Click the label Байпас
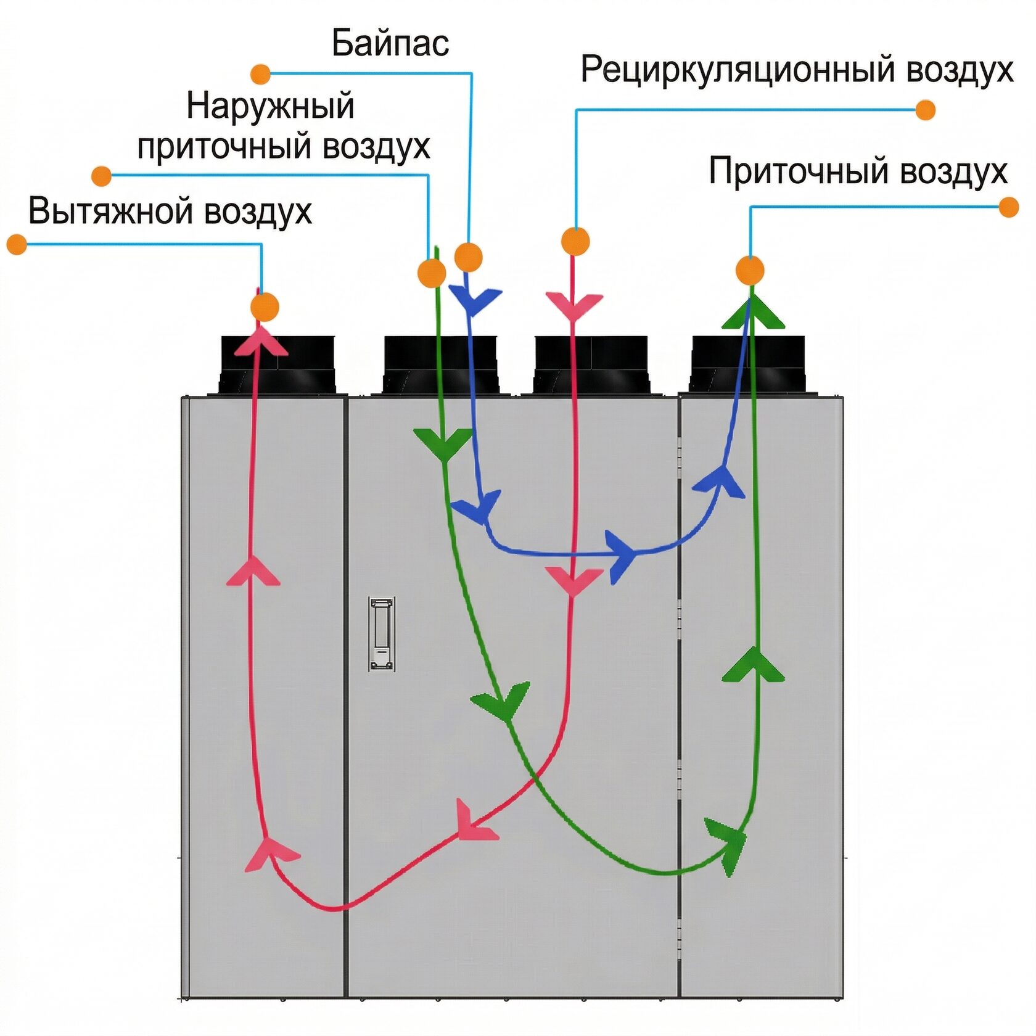click(390, 43)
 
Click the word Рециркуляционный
click(739, 70)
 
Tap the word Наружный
click(271, 107)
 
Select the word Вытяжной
click(112, 211)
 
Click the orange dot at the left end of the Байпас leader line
click(261, 74)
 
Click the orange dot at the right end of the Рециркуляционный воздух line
click(926, 110)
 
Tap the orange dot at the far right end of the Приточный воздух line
click(1008, 207)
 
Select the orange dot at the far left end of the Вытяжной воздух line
click(17, 244)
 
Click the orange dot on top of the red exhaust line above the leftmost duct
click(265, 307)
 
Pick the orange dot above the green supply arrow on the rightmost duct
click(750, 270)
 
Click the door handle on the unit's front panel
click(382, 633)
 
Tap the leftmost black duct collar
click(278, 365)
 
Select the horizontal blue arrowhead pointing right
click(622, 556)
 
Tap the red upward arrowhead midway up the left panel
click(253, 570)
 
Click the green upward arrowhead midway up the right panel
click(753, 664)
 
